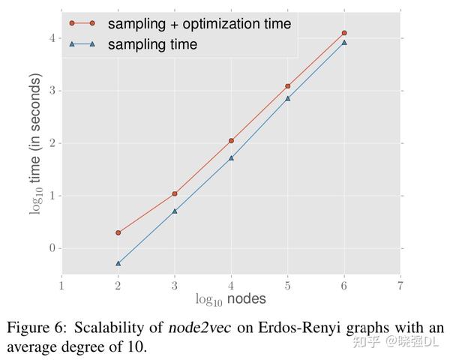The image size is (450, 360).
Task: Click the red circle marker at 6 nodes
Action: point(344,33)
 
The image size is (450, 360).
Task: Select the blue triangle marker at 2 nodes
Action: point(118,263)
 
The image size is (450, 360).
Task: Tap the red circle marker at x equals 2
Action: point(118,232)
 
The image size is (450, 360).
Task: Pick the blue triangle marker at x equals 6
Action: point(344,43)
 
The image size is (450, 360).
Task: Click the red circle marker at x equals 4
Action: point(231,140)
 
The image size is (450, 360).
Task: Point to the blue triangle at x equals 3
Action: point(175,211)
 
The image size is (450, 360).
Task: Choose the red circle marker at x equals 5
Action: point(288,86)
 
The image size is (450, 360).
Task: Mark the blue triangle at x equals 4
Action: point(231,157)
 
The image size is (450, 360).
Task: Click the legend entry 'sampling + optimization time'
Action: point(199,23)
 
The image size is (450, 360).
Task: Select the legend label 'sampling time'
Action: point(152,44)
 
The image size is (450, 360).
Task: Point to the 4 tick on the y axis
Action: point(52,38)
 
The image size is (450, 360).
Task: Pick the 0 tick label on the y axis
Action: point(52,248)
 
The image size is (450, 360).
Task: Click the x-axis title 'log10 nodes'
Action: point(231,299)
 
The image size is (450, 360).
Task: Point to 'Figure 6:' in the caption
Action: point(35,328)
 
